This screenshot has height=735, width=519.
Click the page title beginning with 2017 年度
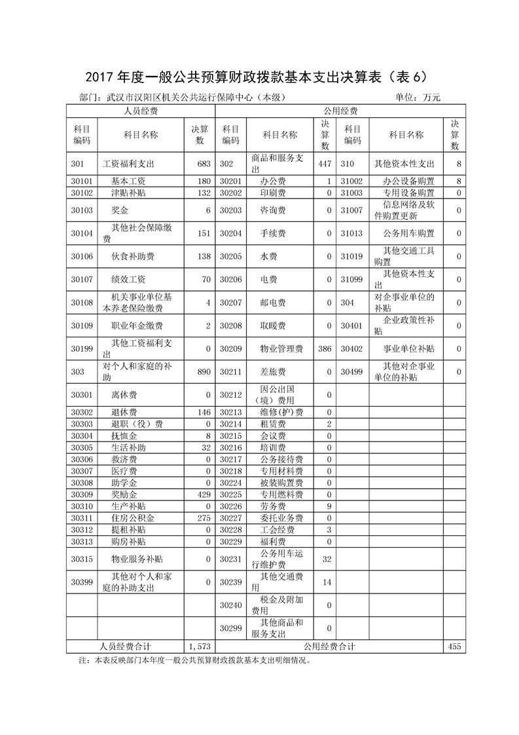(259, 77)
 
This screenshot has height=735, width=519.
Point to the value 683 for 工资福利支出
(204, 164)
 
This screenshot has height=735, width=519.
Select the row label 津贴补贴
(128, 193)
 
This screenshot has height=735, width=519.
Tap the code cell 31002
(352, 181)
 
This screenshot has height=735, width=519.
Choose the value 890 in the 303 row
(204, 372)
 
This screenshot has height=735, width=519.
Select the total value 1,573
(199, 647)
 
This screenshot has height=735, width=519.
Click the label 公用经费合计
(329, 647)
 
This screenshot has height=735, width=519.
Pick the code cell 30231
(230, 559)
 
